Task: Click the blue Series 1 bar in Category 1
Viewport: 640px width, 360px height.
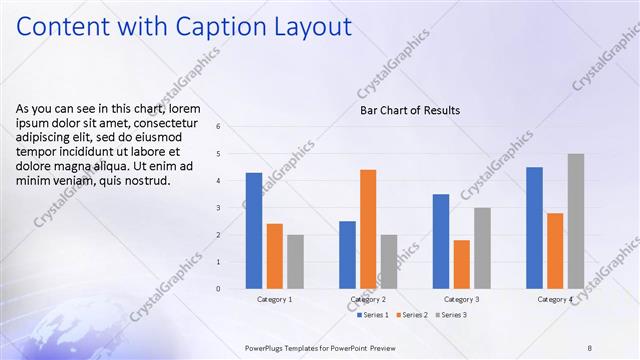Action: click(x=254, y=231)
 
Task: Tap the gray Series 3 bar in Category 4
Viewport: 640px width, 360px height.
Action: click(x=576, y=221)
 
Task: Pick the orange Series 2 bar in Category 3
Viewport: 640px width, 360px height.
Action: click(x=461, y=264)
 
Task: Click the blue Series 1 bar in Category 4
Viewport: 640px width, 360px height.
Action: click(x=534, y=228)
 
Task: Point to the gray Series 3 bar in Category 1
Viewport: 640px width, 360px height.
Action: click(x=295, y=262)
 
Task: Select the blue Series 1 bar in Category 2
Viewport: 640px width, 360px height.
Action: click(x=347, y=255)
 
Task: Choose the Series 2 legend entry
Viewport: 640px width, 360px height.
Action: click(x=412, y=315)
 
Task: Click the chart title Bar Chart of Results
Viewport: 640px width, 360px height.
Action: click(x=410, y=110)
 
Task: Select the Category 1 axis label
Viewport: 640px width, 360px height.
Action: click(x=275, y=299)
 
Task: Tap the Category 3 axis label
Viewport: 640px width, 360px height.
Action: click(x=461, y=299)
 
